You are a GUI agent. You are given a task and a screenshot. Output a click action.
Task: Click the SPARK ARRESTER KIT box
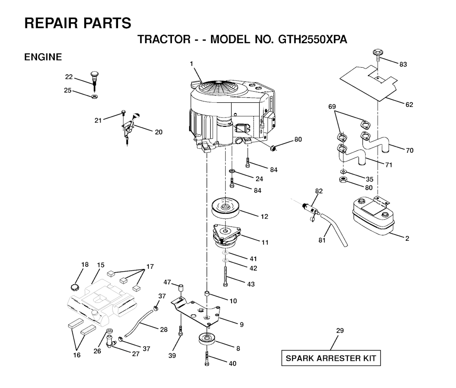[x=331, y=358]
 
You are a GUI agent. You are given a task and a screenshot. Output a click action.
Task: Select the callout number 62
[x=409, y=105]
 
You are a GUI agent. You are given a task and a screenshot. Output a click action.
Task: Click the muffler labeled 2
[x=374, y=216]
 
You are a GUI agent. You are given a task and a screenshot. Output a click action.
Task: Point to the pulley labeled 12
[x=225, y=208]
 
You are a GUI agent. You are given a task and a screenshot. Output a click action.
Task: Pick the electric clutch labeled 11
[x=227, y=235]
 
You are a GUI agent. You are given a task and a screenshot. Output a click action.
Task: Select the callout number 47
[x=167, y=282]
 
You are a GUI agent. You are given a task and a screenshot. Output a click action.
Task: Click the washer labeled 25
[x=94, y=96]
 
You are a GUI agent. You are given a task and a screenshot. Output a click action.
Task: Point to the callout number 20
[x=159, y=132]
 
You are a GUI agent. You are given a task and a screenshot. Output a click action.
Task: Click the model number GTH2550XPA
[x=313, y=39]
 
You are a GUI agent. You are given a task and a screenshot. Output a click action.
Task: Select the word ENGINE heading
[x=43, y=57]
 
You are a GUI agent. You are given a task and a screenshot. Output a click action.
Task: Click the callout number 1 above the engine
[x=191, y=64]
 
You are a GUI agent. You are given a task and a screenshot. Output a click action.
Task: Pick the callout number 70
[x=410, y=150]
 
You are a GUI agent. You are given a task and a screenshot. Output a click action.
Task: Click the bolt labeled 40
[x=207, y=358]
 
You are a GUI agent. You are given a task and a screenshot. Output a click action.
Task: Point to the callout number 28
[x=164, y=330]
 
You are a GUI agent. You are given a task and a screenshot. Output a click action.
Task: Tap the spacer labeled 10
[x=208, y=293]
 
